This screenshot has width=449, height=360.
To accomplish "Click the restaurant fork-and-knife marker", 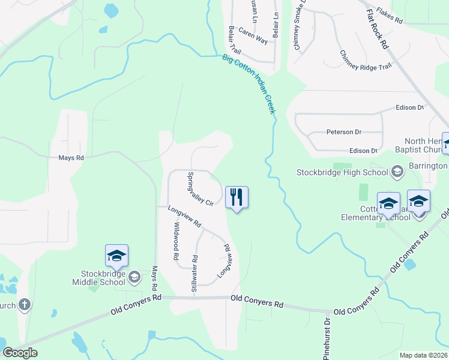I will click(237, 197).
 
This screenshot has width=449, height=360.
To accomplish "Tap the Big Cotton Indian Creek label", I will click(249, 85).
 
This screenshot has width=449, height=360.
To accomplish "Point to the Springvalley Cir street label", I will click(200, 190).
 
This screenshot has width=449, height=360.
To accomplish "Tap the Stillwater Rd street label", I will click(194, 273).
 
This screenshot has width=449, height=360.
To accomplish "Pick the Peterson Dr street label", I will click(344, 132).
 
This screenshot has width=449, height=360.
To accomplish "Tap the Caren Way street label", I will click(253, 35).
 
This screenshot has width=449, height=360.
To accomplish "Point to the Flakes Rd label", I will click(390, 15).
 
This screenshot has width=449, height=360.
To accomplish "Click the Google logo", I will click(20, 353).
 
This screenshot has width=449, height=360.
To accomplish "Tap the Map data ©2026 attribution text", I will click(423, 355).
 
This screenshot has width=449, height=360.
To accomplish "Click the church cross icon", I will click(24, 305).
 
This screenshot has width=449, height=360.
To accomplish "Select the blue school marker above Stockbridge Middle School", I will click(116, 256).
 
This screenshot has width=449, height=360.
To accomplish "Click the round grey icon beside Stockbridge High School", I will click(396, 173).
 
